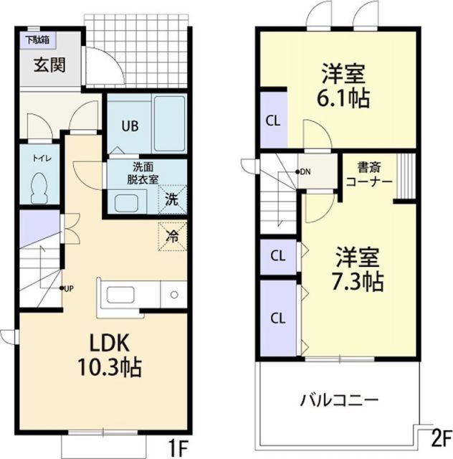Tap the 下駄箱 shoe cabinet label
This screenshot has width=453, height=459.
[38, 39]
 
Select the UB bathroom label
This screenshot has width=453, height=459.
[129, 125]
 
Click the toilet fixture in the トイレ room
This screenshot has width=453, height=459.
[41, 189]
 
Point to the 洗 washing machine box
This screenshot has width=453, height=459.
[172, 199]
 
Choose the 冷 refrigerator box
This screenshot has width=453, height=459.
[172, 235]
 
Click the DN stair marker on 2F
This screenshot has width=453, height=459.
[304, 171]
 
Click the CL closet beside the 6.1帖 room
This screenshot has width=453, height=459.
[272, 120]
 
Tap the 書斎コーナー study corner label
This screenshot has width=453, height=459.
[368, 176]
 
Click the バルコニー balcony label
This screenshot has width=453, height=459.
[339, 399]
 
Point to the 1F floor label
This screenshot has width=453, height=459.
[177, 448]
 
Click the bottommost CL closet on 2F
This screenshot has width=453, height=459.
[277, 316]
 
